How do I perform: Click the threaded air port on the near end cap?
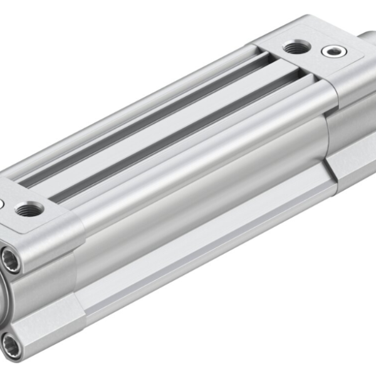[x=29, y=209]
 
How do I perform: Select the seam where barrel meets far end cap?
[x=327, y=125]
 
